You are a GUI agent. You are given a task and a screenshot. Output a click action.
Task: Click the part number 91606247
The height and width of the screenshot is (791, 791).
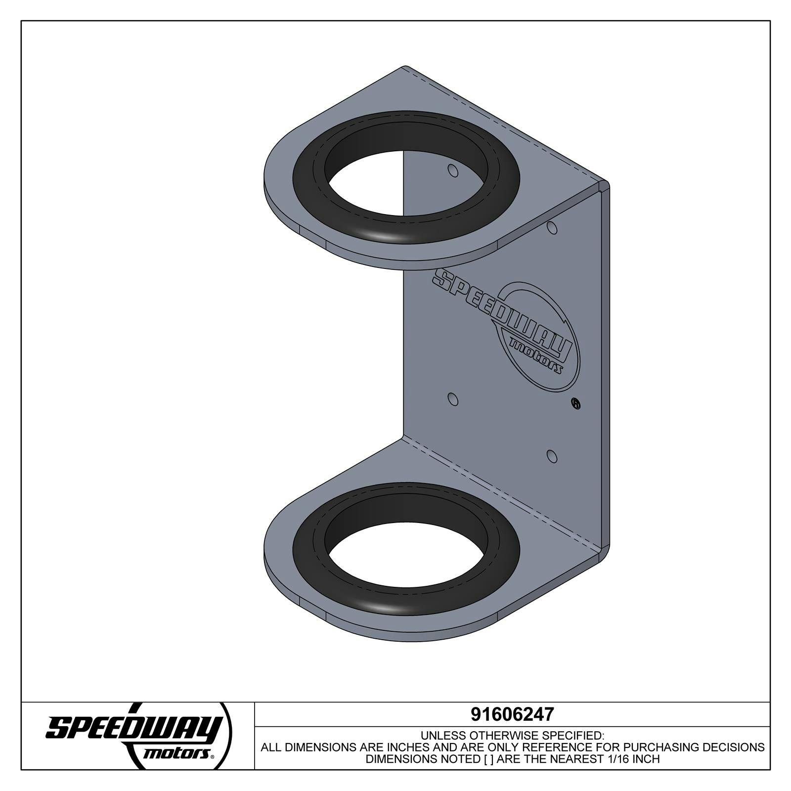pos(512,714)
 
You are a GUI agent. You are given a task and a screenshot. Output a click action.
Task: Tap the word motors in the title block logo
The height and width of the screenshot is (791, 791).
pos(175,753)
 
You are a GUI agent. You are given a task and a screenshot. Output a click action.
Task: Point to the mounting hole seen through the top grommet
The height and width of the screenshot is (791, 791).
pos(452,171)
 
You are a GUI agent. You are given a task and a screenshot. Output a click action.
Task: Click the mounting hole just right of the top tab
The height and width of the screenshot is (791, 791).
pos(552,228)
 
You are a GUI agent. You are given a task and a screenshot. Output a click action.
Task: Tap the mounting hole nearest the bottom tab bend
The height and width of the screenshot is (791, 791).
pos(552,456)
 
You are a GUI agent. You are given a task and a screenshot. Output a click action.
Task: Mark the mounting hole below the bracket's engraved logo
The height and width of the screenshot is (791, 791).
pos(452,399)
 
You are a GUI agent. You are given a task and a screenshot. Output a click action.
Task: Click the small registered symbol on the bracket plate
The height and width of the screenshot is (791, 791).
pos(575,403)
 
